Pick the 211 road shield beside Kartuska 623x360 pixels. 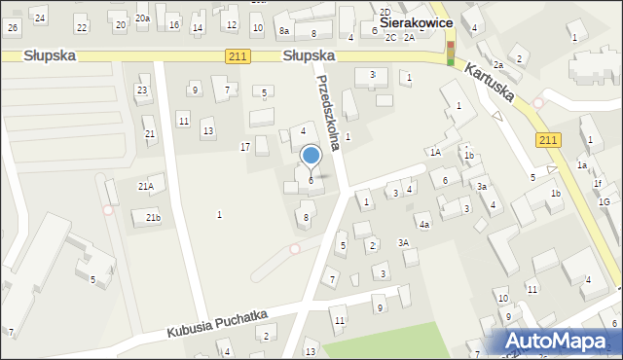548,141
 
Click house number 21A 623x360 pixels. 145,186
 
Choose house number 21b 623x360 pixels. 153,217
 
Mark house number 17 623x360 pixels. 245,147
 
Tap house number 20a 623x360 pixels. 142,18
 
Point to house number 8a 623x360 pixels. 284,31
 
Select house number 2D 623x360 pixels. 385,12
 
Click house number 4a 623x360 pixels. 424,225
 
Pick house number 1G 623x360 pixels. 605,201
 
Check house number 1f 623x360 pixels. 598,184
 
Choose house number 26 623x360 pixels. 13,26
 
